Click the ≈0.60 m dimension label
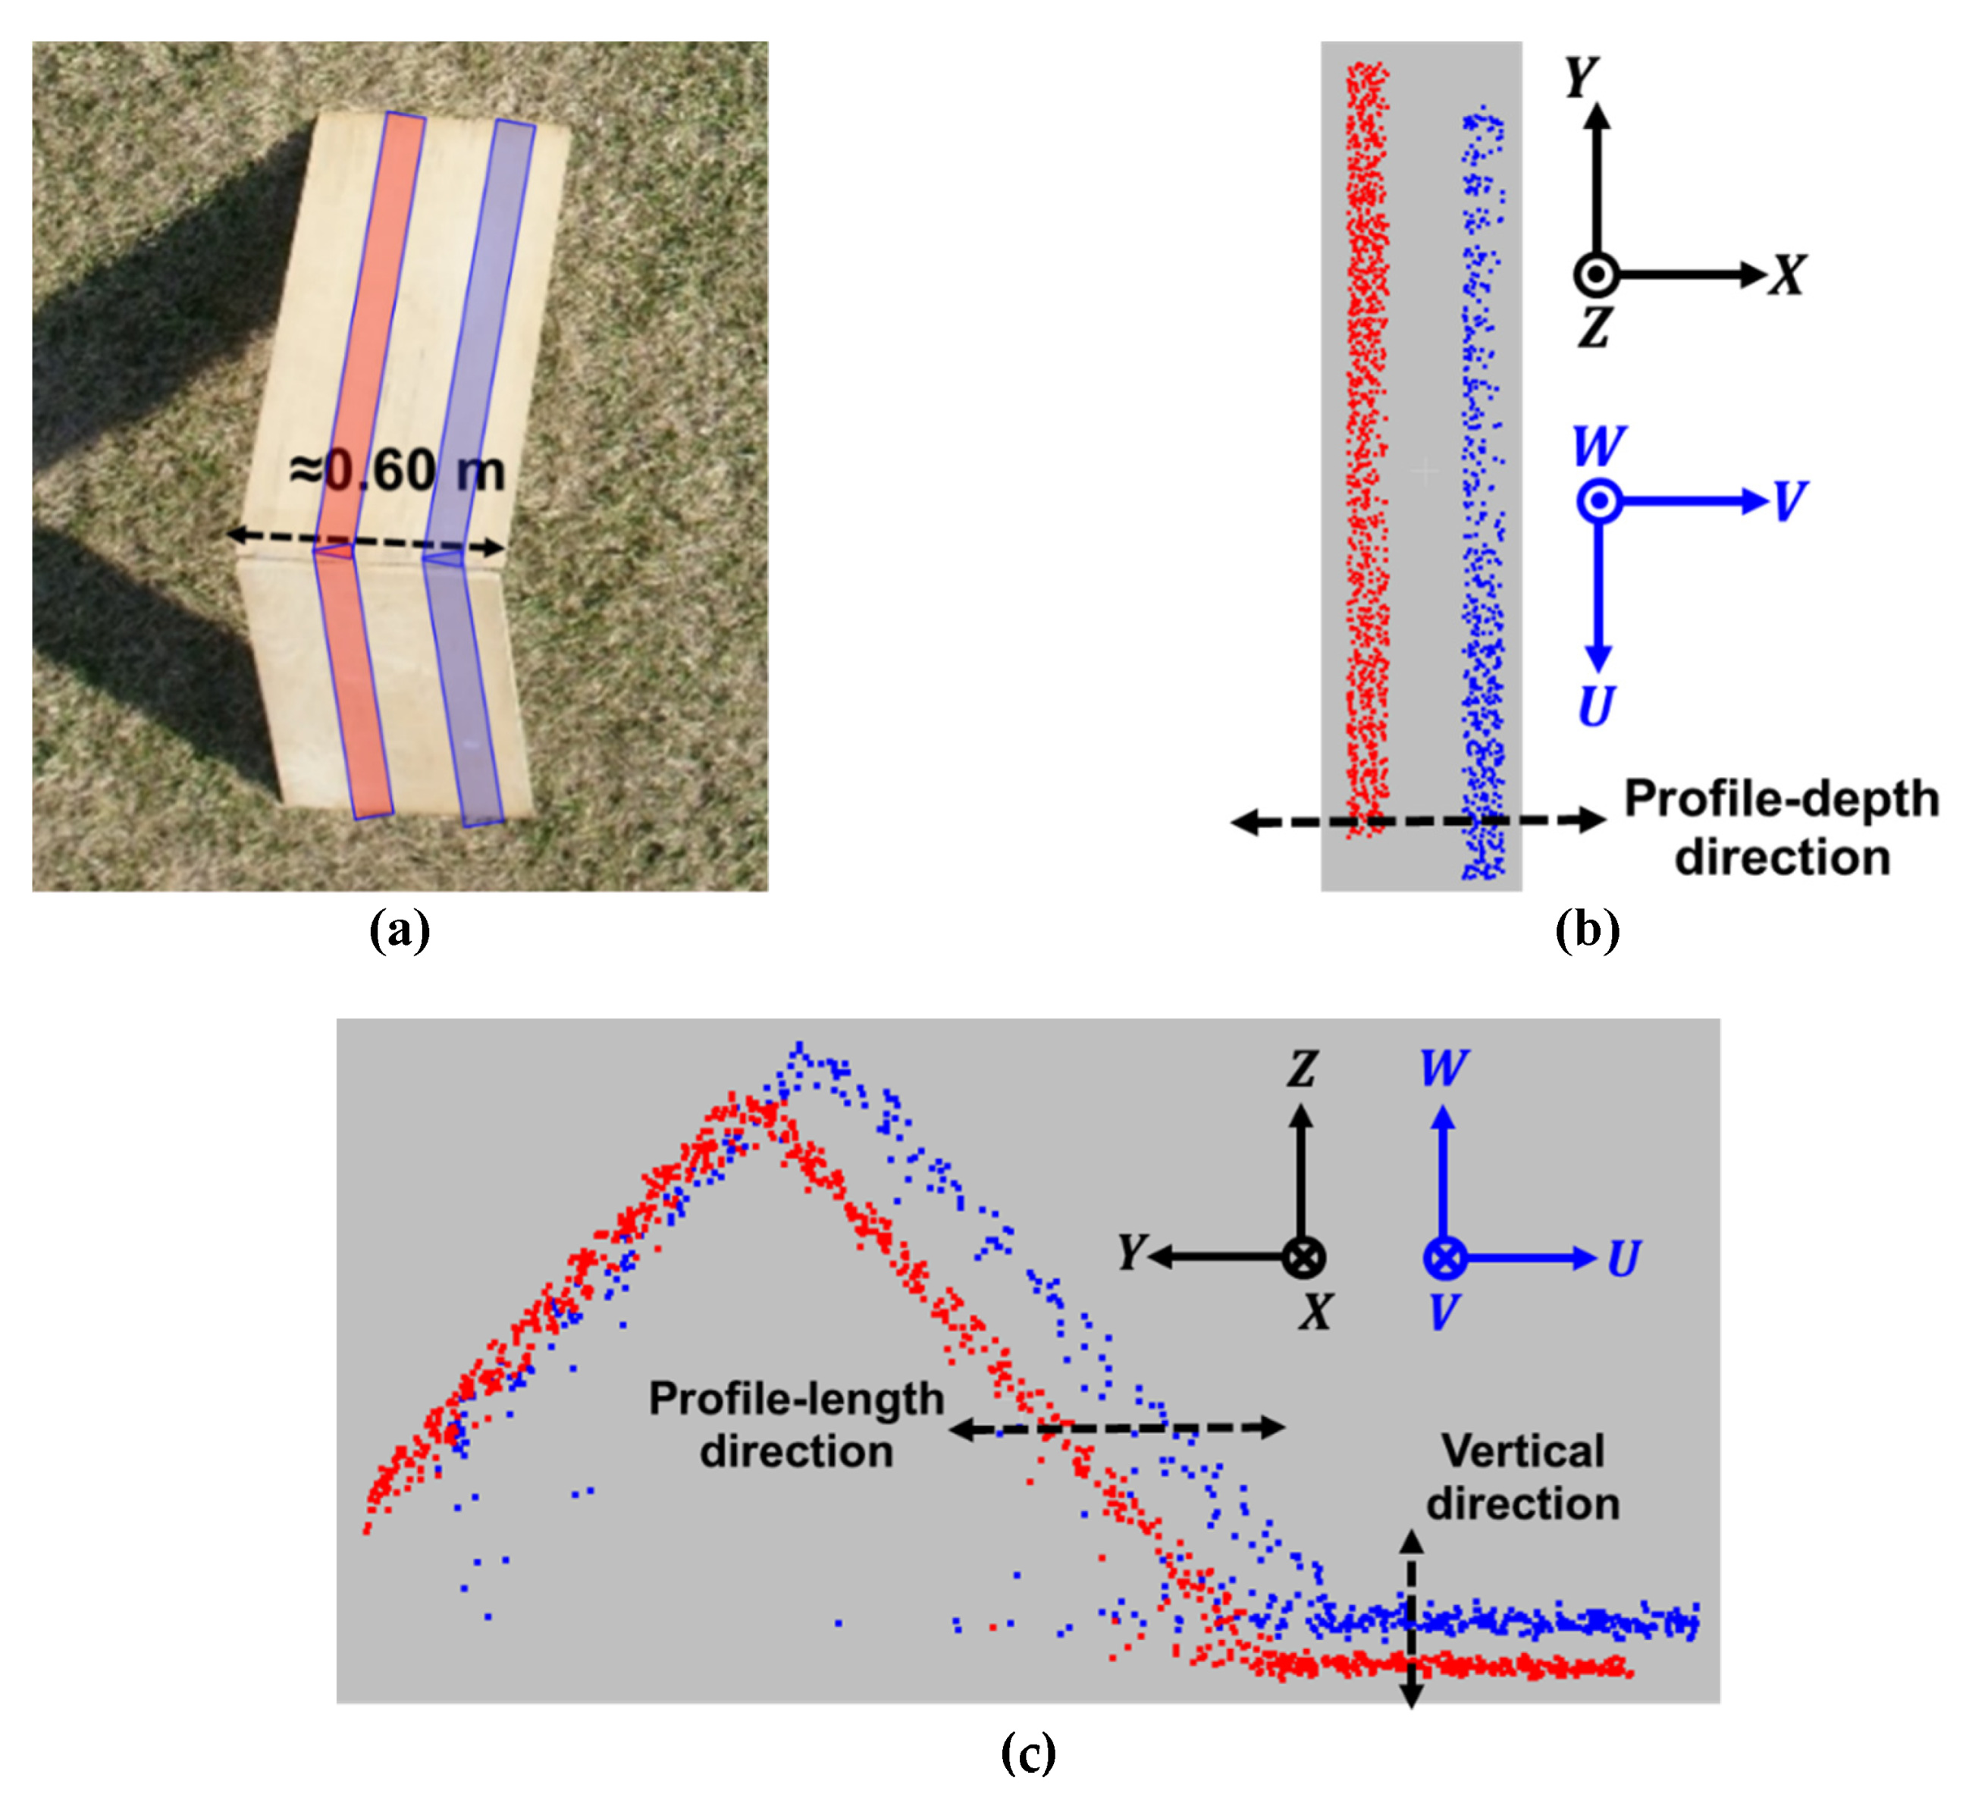pos(398,472)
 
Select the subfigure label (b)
pos(1586,930)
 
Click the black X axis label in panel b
pos(1788,275)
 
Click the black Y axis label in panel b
pos(1581,76)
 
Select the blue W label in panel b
pos(1598,447)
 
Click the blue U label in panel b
pos(1596,707)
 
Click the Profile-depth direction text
pos(1780,828)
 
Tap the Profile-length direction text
pos(796,1425)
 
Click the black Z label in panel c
pos(1302,1069)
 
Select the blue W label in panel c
pos(1443,1069)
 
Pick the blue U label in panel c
pos(1623,1259)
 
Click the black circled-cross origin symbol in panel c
pos(1303,1258)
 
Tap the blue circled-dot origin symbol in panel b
pos(1598,503)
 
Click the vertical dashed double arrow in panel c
pos(1411,1620)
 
